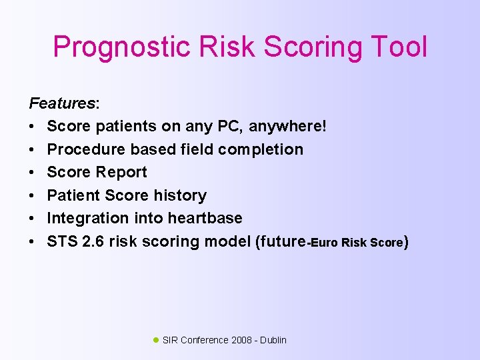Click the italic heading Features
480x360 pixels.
(x=62, y=103)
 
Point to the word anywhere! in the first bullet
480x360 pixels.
(x=288, y=126)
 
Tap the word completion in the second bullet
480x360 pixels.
(x=262, y=149)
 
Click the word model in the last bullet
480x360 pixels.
(x=226, y=241)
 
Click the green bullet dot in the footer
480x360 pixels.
(x=156, y=339)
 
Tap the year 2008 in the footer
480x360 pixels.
(x=241, y=340)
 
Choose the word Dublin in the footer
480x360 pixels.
(x=273, y=340)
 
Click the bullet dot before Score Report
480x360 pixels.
(x=32, y=172)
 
